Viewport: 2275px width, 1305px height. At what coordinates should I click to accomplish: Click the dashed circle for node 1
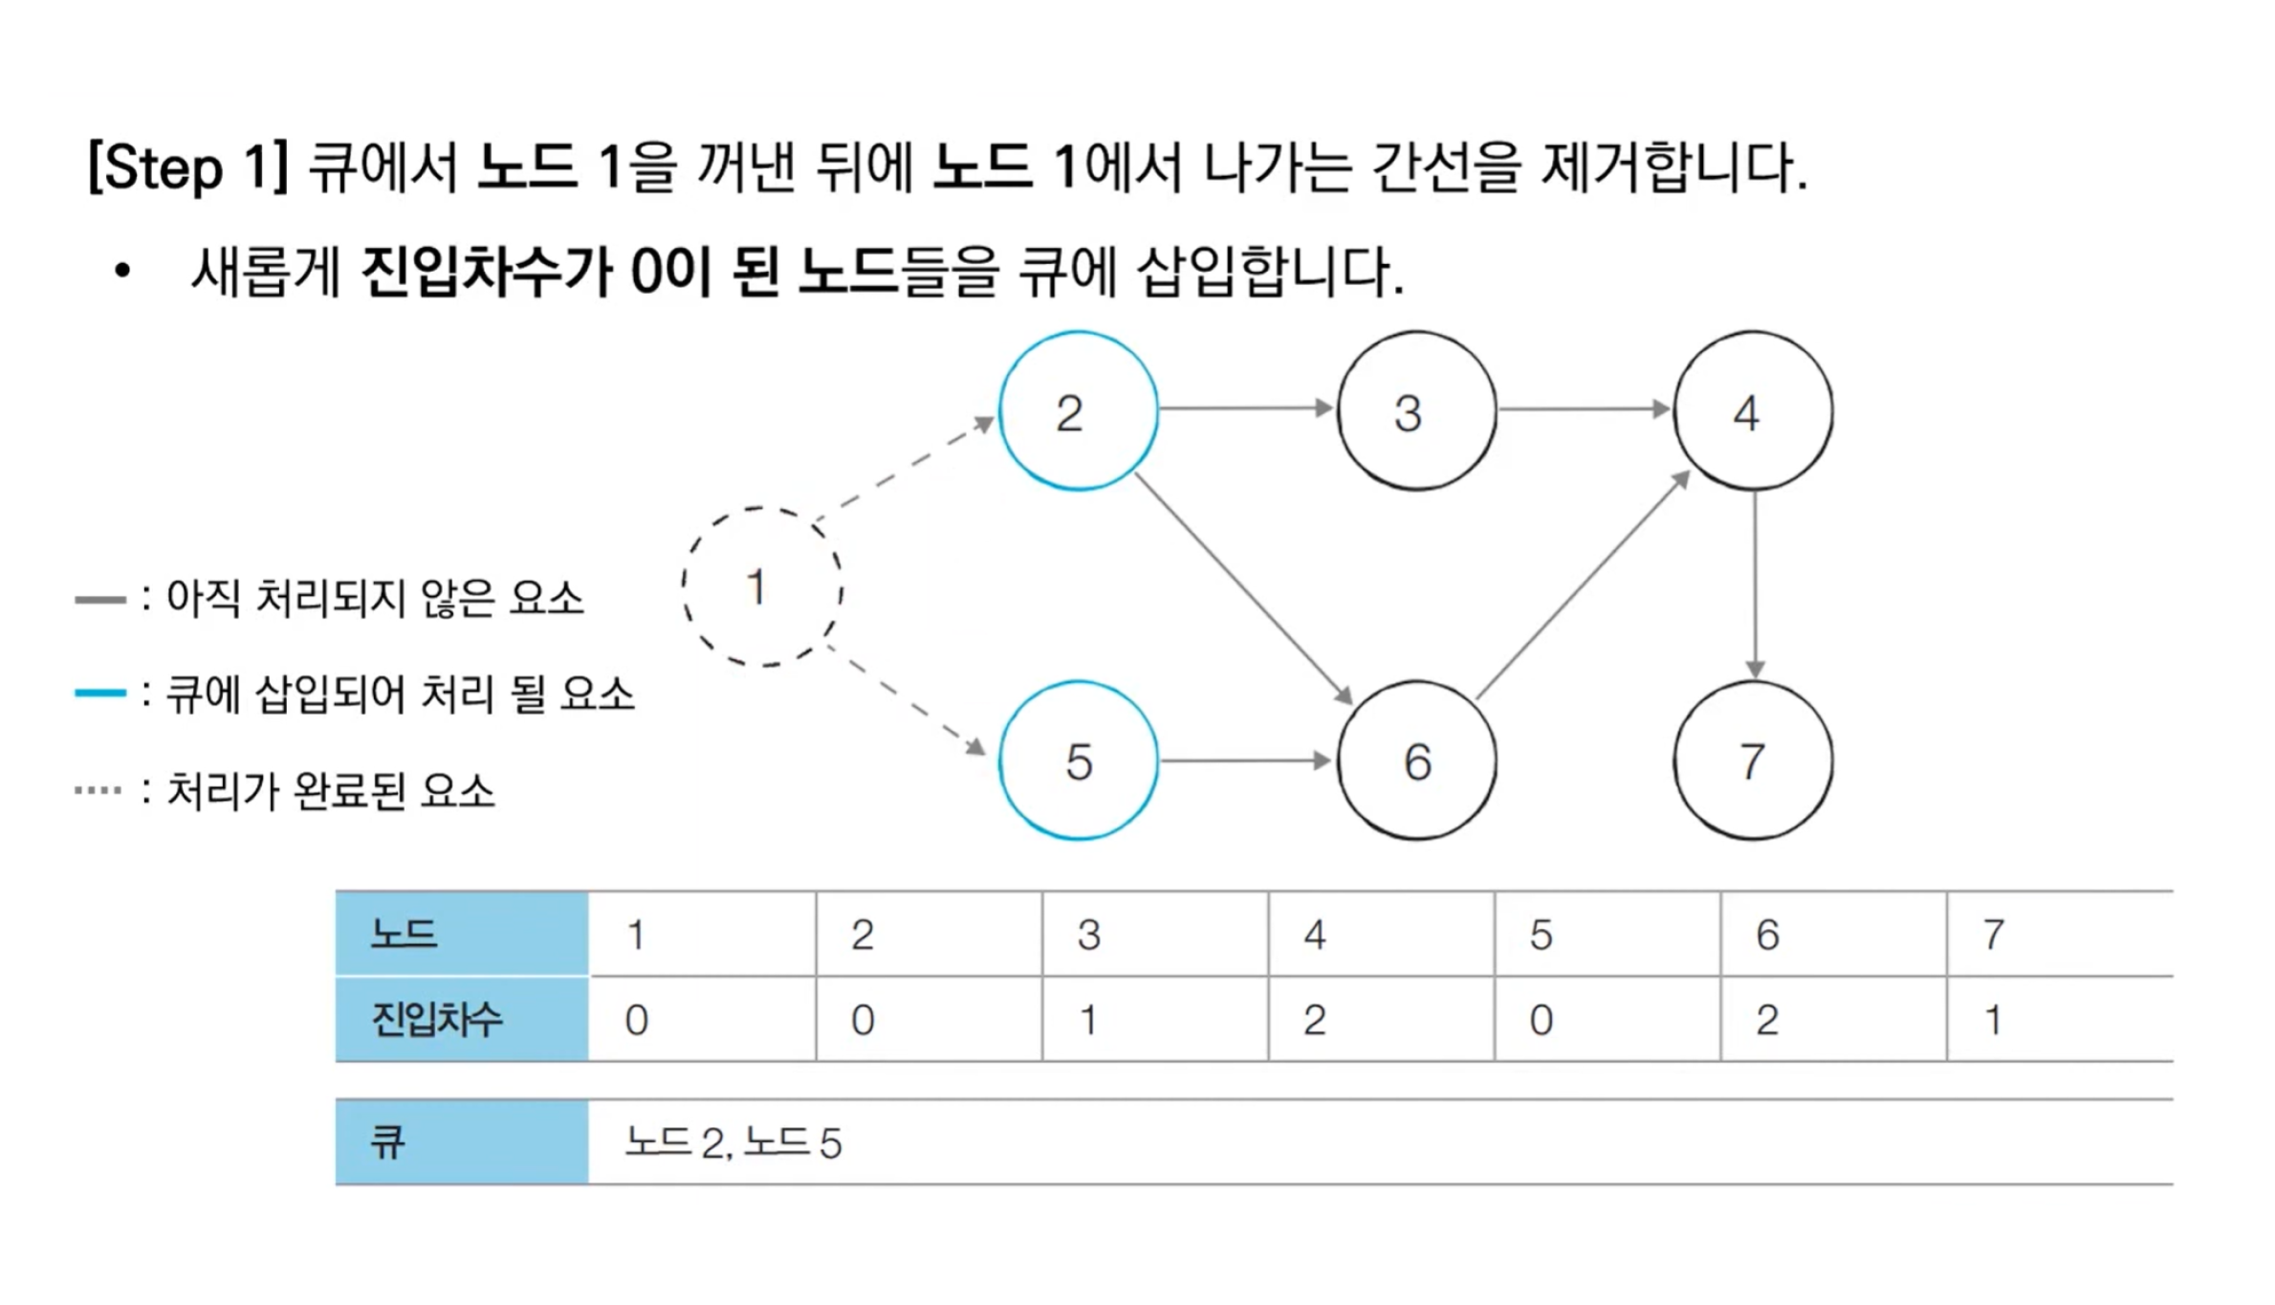click(762, 586)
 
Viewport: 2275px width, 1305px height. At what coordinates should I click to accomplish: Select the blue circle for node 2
click(1078, 411)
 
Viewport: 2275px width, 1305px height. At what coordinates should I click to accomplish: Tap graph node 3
click(1416, 411)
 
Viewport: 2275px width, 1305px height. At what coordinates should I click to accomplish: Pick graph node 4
click(1753, 411)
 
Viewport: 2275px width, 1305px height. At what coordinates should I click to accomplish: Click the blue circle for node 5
click(1078, 761)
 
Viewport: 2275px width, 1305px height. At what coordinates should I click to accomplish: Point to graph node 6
click(1416, 761)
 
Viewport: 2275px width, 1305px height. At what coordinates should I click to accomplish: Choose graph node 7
click(1753, 761)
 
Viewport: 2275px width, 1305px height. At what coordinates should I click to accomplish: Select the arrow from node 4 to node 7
click(1754, 584)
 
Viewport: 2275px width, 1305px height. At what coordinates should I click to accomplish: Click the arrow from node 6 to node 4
click(1583, 586)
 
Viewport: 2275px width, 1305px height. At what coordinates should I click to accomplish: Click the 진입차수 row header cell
click(462, 1020)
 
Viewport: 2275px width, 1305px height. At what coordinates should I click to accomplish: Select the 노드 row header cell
click(462, 934)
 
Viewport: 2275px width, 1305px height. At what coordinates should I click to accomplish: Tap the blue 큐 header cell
click(462, 1142)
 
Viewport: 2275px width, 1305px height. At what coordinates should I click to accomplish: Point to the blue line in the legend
click(100, 693)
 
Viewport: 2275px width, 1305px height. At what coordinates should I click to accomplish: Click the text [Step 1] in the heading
click(188, 167)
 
